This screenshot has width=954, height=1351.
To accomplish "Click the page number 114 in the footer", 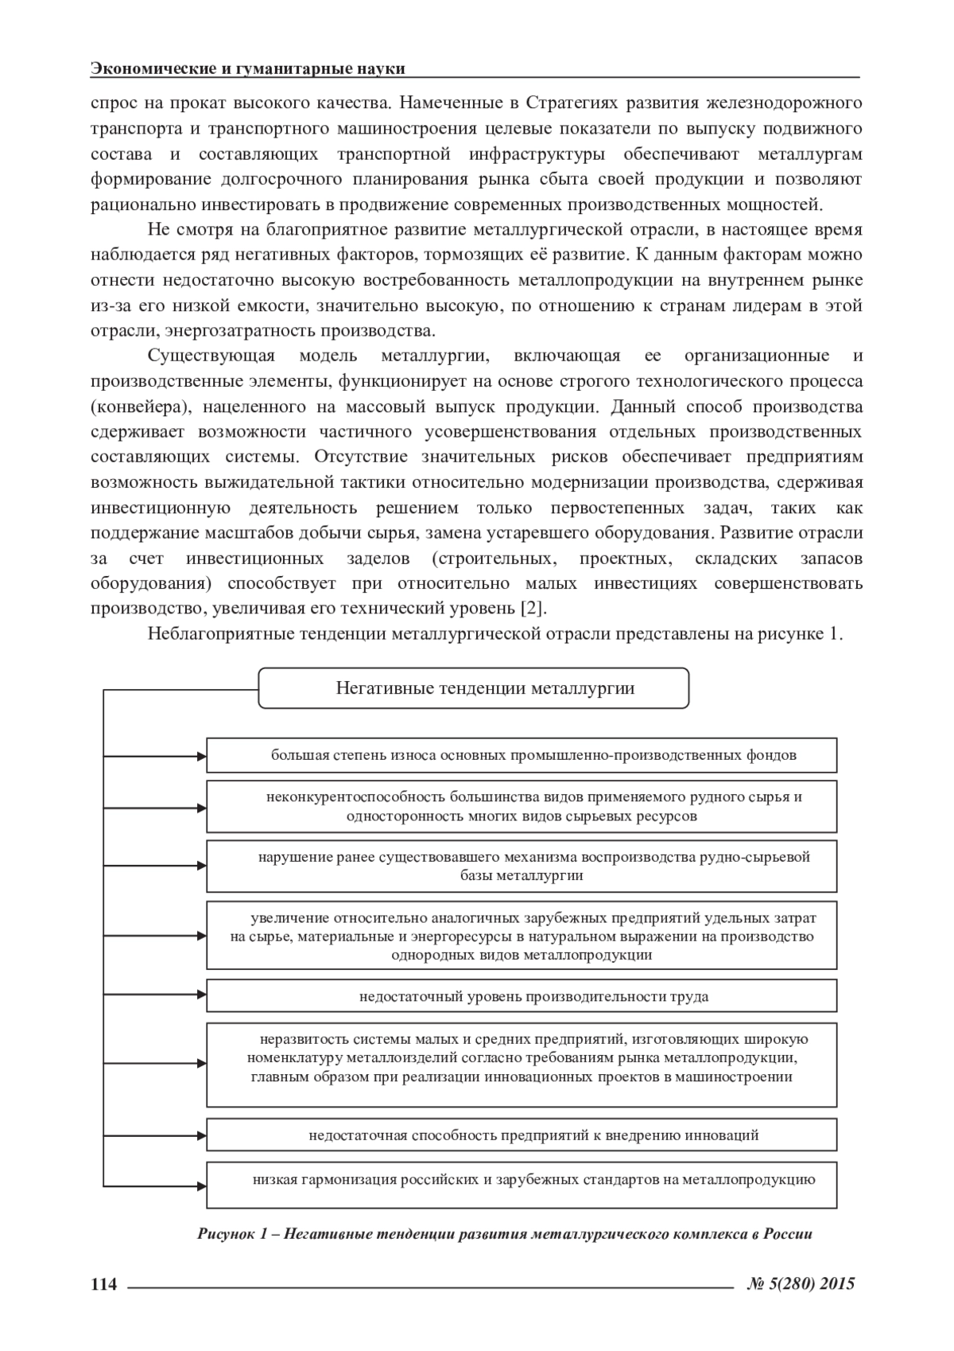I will tap(104, 1284).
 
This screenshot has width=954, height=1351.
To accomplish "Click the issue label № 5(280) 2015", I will tap(801, 1283).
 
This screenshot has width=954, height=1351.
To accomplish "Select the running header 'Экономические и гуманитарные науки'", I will tap(248, 68).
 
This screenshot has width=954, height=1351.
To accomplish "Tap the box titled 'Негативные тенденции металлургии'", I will tap(474, 688).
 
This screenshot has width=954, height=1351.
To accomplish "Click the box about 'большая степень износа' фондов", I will tap(522, 755).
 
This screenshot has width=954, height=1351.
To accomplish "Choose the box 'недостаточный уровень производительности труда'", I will tap(522, 996).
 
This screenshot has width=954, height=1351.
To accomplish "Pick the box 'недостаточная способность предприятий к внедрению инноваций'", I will tap(522, 1135).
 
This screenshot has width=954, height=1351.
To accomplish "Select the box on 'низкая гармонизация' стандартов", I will tap(522, 1185).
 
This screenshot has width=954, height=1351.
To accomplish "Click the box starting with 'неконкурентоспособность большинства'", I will tap(522, 806).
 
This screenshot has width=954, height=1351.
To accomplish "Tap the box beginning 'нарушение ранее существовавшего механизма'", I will tap(522, 866).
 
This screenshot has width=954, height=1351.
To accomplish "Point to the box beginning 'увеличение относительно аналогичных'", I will tap(522, 935).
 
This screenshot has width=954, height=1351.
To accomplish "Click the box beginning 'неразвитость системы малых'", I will tap(522, 1065).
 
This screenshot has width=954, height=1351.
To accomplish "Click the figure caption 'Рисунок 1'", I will tap(505, 1235).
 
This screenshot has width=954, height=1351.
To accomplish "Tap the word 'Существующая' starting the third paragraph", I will tap(211, 356).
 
